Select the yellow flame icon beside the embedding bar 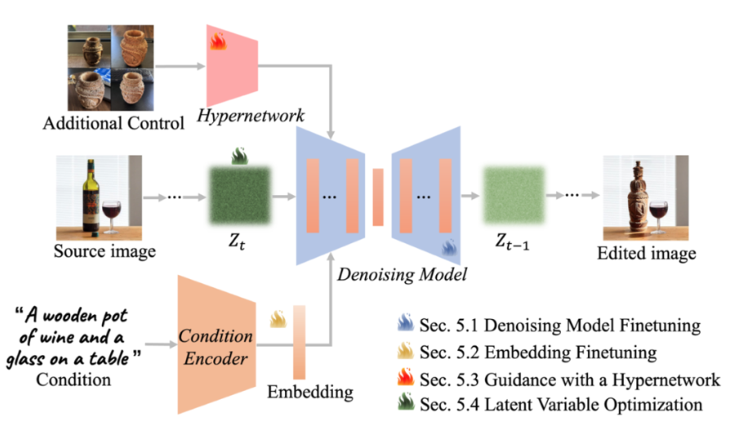point(277,317)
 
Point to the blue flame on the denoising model point(450,246)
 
